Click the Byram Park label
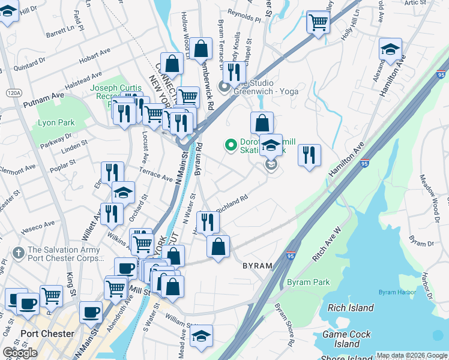click(308, 282)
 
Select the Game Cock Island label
click(348, 339)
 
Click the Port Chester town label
click(47, 334)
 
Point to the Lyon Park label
click(56, 122)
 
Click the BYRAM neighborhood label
click(258, 265)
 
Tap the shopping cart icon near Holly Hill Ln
click(318, 23)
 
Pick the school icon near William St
click(201, 336)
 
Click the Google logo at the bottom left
click(20, 353)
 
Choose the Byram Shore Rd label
click(285, 324)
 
